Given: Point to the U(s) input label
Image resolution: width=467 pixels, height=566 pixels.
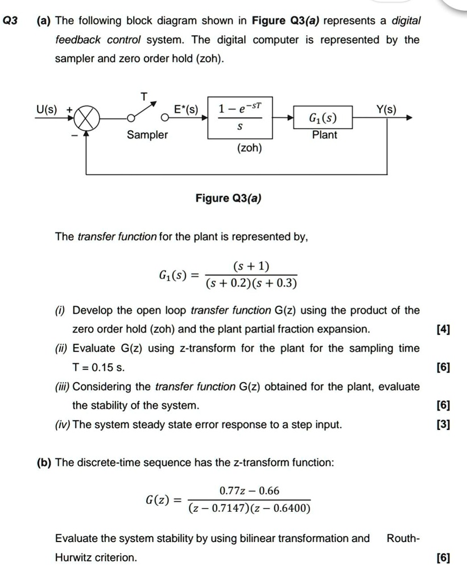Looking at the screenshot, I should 47,109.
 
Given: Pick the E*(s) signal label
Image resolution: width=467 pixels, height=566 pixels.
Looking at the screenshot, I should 186,109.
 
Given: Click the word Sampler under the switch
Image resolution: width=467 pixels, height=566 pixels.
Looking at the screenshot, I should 147,135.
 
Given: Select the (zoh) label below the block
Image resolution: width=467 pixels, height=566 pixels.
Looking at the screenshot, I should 249,149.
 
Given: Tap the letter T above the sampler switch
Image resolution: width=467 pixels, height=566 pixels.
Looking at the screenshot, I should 144,98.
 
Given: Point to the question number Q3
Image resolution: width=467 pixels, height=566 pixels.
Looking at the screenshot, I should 10,21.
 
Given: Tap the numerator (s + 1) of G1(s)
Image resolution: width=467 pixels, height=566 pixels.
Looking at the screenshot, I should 251,266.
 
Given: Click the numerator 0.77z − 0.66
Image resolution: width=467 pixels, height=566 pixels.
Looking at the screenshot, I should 250,491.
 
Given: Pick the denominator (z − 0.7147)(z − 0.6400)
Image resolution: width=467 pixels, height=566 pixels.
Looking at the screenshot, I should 250,508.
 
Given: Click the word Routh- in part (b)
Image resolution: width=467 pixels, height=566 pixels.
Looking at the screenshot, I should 403,538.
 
